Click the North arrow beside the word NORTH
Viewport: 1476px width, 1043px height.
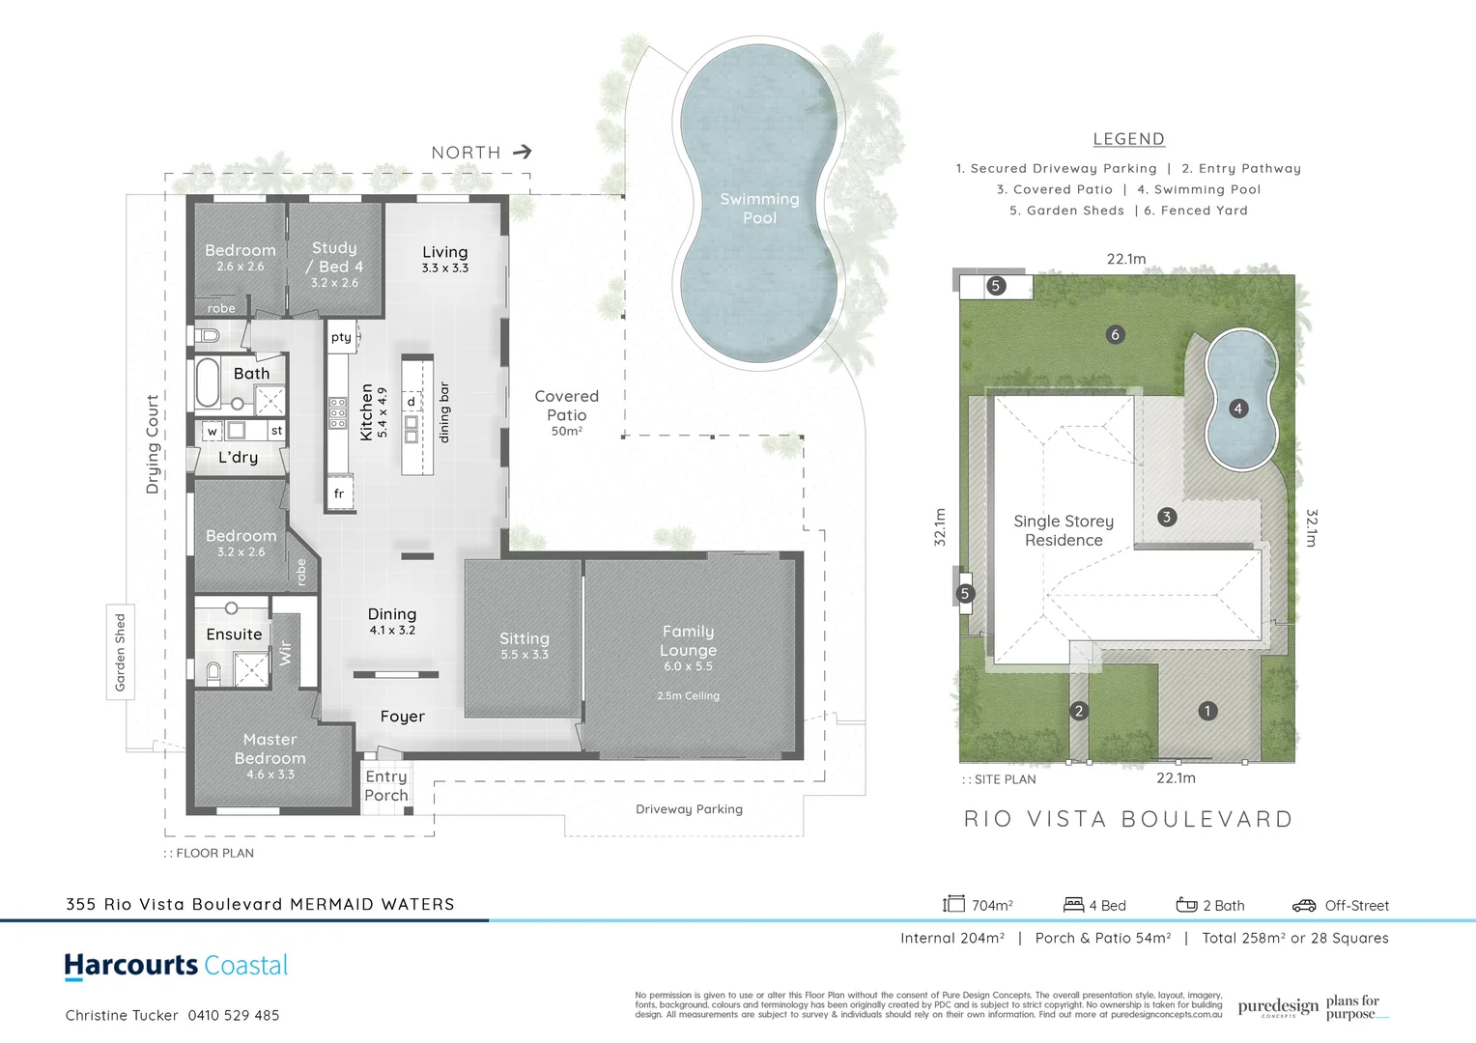[522, 152]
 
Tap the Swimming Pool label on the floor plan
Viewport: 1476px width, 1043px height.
[759, 209]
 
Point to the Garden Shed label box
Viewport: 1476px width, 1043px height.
[120, 652]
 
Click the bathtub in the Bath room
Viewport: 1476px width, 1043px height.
[208, 383]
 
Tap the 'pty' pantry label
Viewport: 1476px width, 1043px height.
[341, 337]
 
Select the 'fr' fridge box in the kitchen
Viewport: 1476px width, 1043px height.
[339, 493]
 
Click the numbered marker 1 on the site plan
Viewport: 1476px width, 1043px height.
[1206, 711]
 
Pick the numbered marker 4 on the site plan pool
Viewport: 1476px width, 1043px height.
[1237, 409]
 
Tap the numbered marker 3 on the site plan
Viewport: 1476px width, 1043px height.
[1166, 517]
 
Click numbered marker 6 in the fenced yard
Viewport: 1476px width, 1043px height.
[1115, 334]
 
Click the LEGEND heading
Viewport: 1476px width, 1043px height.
[1128, 139]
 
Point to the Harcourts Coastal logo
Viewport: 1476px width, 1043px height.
[176, 966]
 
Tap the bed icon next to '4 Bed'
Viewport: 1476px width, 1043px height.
[1073, 905]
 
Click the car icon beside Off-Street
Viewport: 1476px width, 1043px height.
[1304, 905]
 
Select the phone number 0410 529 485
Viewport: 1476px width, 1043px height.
[234, 1015]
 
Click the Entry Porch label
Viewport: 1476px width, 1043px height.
[386, 786]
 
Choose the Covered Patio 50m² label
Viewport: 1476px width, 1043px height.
[567, 412]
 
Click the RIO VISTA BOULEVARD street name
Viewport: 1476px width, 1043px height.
[1128, 819]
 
